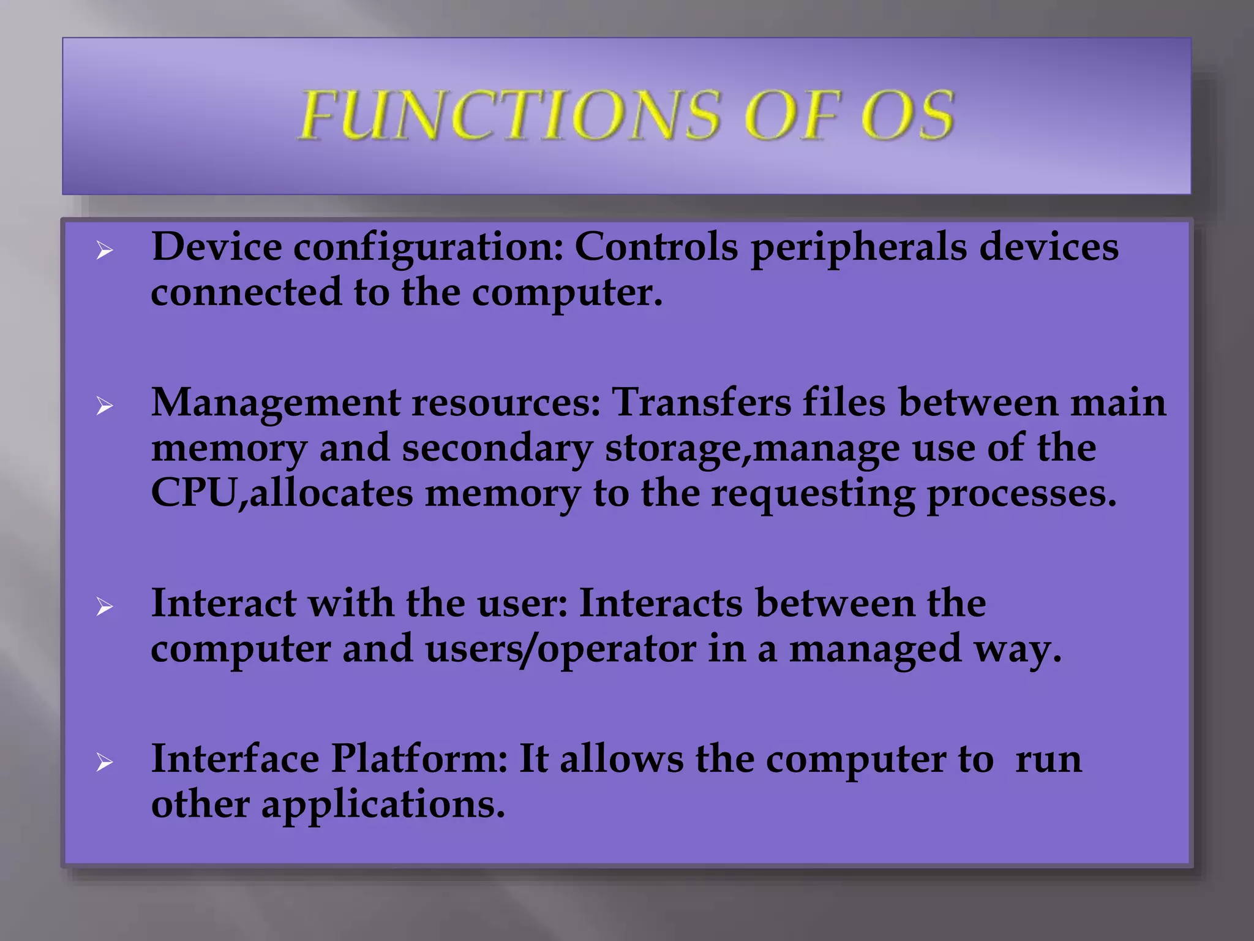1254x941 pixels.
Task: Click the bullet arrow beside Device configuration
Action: [x=105, y=251]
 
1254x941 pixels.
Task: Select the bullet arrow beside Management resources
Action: [x=105, y=406]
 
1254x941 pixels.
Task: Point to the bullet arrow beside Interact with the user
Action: [x=105, y=607]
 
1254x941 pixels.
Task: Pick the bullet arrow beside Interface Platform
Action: [x=105, y=763]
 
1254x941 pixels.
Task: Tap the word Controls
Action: [x=656, y=248]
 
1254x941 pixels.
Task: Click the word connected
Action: [x=246, y=293]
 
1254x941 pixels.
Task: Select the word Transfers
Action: [x=701, y=403]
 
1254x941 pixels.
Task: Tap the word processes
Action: [x=1021, y=495]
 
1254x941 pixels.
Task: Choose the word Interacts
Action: [x=660, y=604]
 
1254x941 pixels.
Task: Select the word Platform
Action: [x=419, y=760]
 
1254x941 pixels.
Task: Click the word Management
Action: [x=275, y=404]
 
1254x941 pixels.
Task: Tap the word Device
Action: [x=217, y=248]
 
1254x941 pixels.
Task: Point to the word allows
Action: [x=621, y=760]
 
